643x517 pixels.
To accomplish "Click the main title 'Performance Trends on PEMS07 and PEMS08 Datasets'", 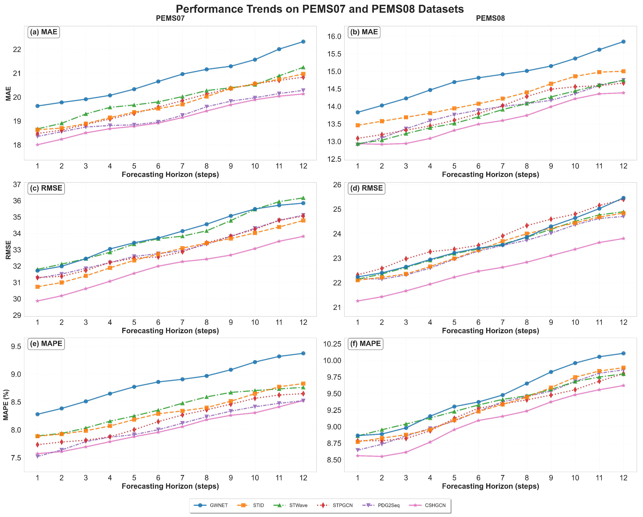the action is [320, 9].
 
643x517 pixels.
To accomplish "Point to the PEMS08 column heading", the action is [490, 18].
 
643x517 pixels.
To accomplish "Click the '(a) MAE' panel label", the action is [44, 32].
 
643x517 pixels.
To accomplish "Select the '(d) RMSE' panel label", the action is [366, 188].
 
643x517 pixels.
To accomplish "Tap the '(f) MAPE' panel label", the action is [365, 344].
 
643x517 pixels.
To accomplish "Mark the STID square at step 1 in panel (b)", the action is [358, 125].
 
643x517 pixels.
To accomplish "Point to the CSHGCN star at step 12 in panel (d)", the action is [623, 239].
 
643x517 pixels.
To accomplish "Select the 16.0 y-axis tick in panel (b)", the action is [335, 36].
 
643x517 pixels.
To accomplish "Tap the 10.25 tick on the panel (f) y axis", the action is [332, 344].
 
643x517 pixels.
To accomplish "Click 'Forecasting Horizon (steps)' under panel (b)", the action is [490, 174].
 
